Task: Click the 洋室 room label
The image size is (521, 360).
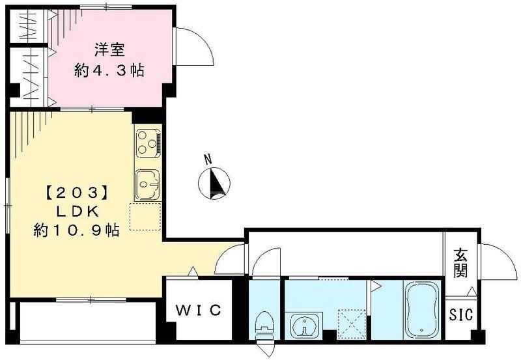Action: click(x=109, y=50)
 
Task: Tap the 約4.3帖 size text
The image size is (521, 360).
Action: click(x=109, y=70)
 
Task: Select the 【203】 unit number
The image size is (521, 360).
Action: click(x=77, y=193)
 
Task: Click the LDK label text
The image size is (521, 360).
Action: click(x=77, y=212)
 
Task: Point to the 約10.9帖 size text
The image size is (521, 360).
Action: click(x=76, y=230)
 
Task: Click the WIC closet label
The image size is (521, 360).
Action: click(x=199, y=310)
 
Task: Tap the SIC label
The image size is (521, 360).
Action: click(x=461, y=314)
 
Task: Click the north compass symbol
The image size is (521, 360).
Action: click(x=214, y=184)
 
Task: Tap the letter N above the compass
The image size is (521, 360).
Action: click(x=208, y=159)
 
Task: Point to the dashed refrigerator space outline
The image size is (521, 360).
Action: click(x=145, y=217)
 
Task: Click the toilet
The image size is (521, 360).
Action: click(x=264, y=326)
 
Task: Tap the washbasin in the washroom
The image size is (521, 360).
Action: click(x=305, y=325)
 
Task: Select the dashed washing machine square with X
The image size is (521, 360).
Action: click(x=352, y=324)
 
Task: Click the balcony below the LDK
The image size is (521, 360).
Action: click(x=88, y=321)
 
